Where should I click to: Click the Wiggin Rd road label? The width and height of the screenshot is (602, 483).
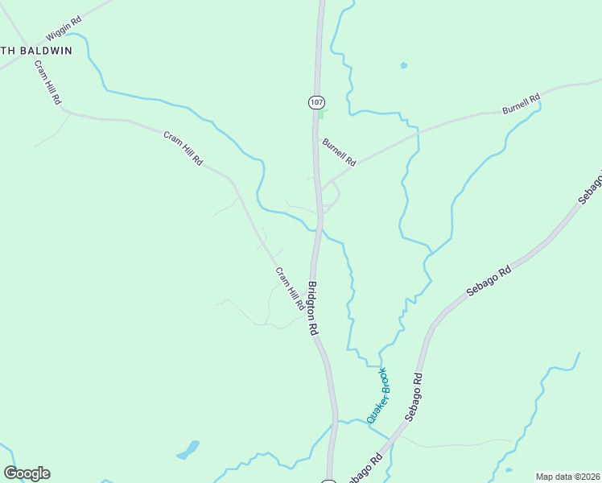coord(64,31)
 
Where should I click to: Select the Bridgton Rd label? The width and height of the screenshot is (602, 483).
coord(313,308)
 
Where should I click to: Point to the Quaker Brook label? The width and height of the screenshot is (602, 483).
coord(377,395)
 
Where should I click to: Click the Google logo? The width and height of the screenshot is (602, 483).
coord(27,473)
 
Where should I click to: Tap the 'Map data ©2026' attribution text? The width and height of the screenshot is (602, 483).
coord(567,477)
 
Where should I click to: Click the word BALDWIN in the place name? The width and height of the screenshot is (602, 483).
coord(46,50)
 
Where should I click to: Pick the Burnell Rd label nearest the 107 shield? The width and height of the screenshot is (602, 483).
coord(339,152)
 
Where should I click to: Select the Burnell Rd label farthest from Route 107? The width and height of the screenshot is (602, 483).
coord(521,103)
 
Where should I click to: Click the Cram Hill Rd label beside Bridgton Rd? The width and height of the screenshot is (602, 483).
coord(290,289)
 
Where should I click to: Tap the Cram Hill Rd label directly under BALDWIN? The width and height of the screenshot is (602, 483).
coord(47,84)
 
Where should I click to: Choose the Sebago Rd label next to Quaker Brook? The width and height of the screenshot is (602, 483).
coord(413,397)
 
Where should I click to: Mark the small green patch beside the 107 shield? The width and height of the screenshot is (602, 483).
coord(321,114)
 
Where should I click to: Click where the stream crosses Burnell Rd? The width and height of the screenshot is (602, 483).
coord(418,132)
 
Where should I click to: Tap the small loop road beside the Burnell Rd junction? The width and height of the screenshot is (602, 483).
coord(333,196)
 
